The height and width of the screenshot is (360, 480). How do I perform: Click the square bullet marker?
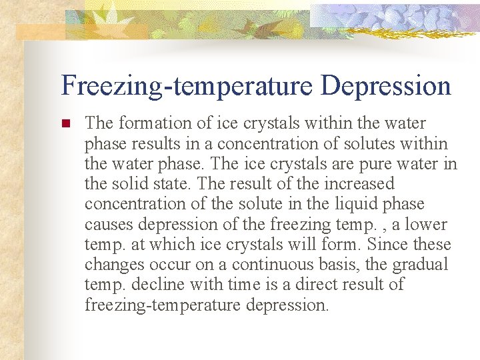click(65, 124)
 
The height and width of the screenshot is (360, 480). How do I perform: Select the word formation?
click(153, 123)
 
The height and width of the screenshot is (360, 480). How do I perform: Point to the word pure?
click(372, 163)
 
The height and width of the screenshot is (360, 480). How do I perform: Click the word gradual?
click(419, 265)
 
